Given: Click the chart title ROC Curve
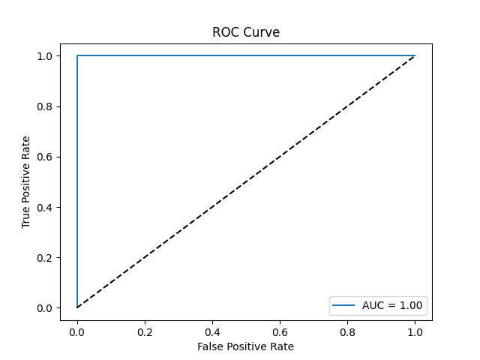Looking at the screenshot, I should click(x=246, y=32).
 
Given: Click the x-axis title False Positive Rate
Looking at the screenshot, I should click(x=246, y=346).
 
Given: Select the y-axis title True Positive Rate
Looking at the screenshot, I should click(x=26, y=182).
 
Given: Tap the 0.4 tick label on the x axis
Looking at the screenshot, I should click(x=212, y=331).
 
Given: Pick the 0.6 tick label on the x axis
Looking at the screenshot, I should click(x=280, y=331).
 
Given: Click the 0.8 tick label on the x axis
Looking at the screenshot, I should click(x=347, y=331).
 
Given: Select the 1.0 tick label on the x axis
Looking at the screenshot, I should click(x=415, y=331).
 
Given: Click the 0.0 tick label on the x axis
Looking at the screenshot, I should click(x=77, y=331).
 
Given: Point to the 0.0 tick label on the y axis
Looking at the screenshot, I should click(x=45, y=308).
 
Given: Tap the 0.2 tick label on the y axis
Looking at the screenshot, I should click(x=45, y=257).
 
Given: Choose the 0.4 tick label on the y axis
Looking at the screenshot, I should click(x=45, y=207).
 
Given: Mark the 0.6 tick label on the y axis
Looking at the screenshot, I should click(x=45, y=157).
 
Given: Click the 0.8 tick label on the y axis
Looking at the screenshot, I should click(x=45, y=106).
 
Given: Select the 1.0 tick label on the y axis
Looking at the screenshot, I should click(x=45, y=56).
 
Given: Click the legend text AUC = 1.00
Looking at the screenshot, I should click(x=394, y=305).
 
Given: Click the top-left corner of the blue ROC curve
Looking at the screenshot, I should click(x=77, y=56).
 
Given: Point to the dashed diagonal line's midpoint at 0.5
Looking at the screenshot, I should click(x=246, y=182).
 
